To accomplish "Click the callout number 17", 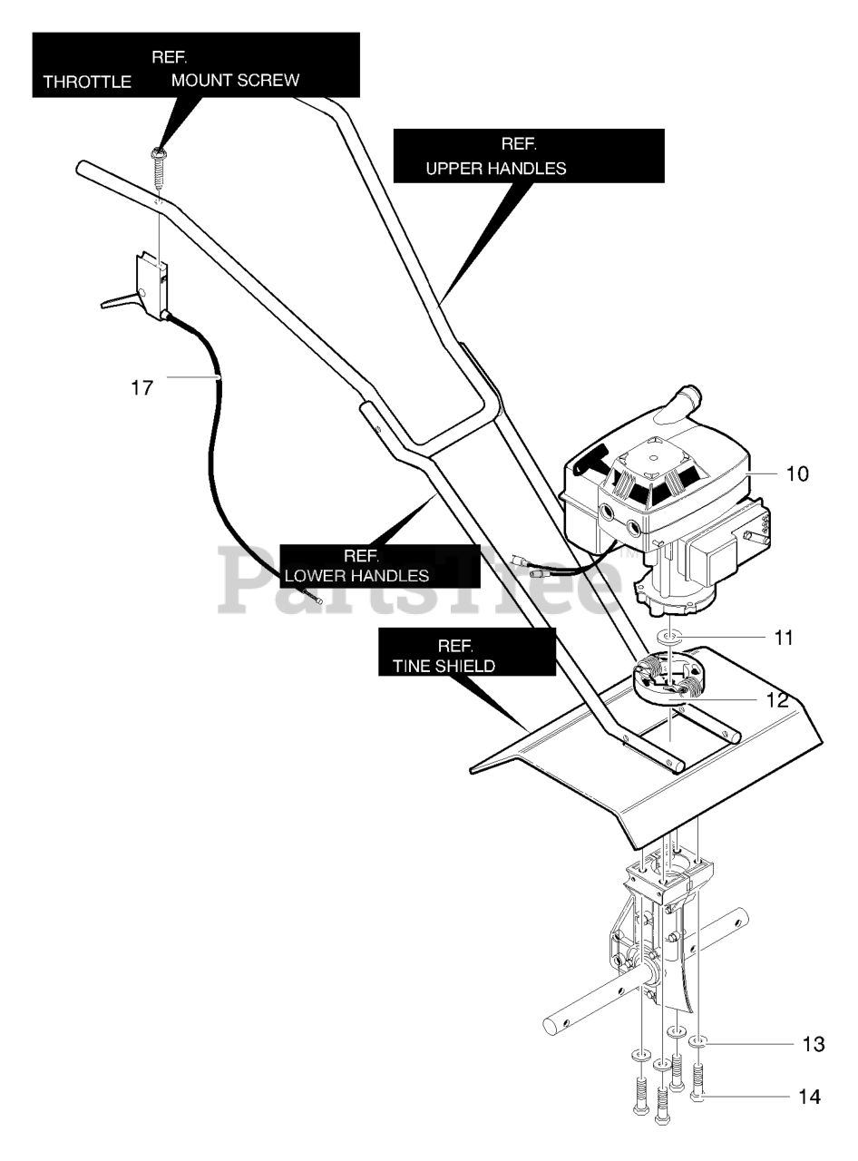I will [x=141, y=388].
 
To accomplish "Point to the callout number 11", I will [x=784, y=638].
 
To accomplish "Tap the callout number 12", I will [x=777, y=700].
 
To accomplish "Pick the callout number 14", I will [x=810, y=1097].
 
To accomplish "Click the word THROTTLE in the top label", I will [x=87, y=82].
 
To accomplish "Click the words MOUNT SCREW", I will [x=235, y=80].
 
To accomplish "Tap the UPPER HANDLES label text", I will [x=496, y=168].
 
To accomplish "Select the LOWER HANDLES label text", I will [x=356, y=576].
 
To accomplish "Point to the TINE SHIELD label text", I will [x=444, y=666].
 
